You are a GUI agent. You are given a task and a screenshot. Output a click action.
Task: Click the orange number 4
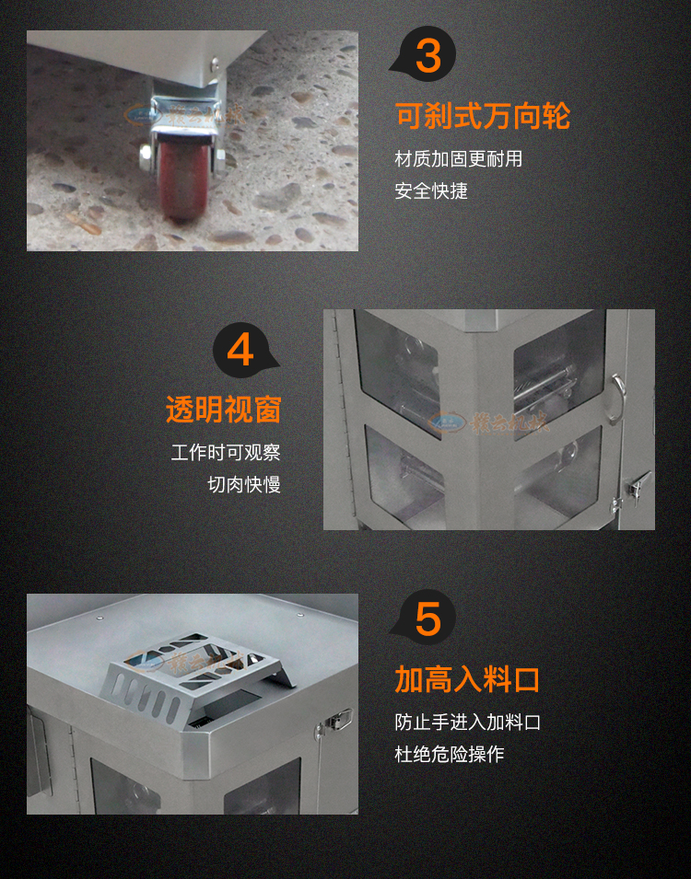(240, 350)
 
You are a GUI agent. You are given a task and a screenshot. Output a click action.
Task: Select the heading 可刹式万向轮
(483, 117)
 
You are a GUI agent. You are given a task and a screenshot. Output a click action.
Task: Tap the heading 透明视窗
(223, 410)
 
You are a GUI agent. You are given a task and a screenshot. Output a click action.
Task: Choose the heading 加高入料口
(467, 679)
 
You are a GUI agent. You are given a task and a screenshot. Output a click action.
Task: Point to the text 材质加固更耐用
(458, 159)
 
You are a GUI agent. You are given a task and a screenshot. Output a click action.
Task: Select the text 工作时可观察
(226, 453)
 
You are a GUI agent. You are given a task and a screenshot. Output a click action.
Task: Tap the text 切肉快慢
(244, 484)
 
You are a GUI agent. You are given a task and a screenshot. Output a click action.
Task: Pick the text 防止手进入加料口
(467, 723)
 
